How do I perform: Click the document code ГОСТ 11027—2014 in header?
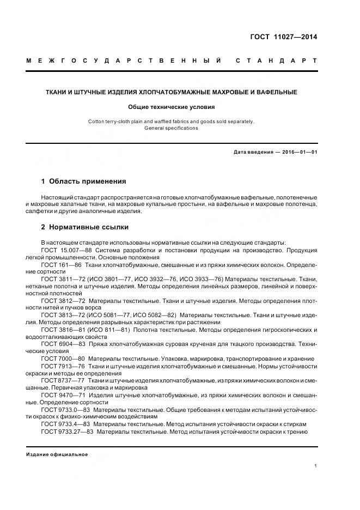[284, 38]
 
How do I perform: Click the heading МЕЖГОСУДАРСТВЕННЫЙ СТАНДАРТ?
[172, 60]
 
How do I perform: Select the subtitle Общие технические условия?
[172, 107]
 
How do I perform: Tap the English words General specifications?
[172, 128]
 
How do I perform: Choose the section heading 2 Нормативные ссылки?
[84, 227]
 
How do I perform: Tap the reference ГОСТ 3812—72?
[62, 300]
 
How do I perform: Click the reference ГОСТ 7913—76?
[62, 366]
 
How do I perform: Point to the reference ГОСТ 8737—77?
[62, 380]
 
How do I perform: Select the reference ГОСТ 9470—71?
[62, 394]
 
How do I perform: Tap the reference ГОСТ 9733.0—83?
[65, 409]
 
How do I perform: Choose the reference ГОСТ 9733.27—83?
[67, 431]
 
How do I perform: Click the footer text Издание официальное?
[57, 454]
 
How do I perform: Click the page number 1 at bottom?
[315, 466]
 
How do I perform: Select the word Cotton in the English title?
[97, 122]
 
